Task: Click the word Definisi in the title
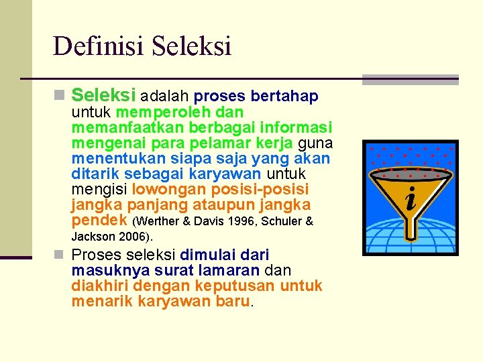click(x=99, y=46)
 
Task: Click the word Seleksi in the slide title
click(x=191, y=46)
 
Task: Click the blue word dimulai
click(x=209, y=255)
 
